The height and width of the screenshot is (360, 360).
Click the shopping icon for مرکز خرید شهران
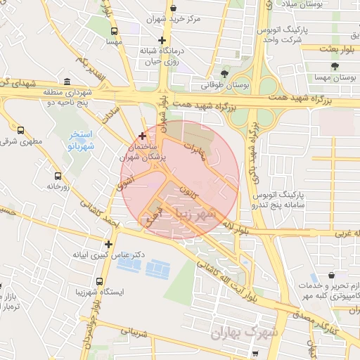[x=173, y=8]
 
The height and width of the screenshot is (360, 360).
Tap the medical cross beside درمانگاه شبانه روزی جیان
[x=162, y=40]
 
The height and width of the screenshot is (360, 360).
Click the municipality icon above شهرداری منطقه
[x=66, y=81]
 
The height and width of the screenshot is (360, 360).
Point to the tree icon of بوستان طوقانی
[x=224, y=72]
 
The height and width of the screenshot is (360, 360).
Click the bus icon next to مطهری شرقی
[x=20, y=130]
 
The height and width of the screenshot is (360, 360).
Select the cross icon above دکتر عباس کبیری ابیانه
[x=108, y=243]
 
